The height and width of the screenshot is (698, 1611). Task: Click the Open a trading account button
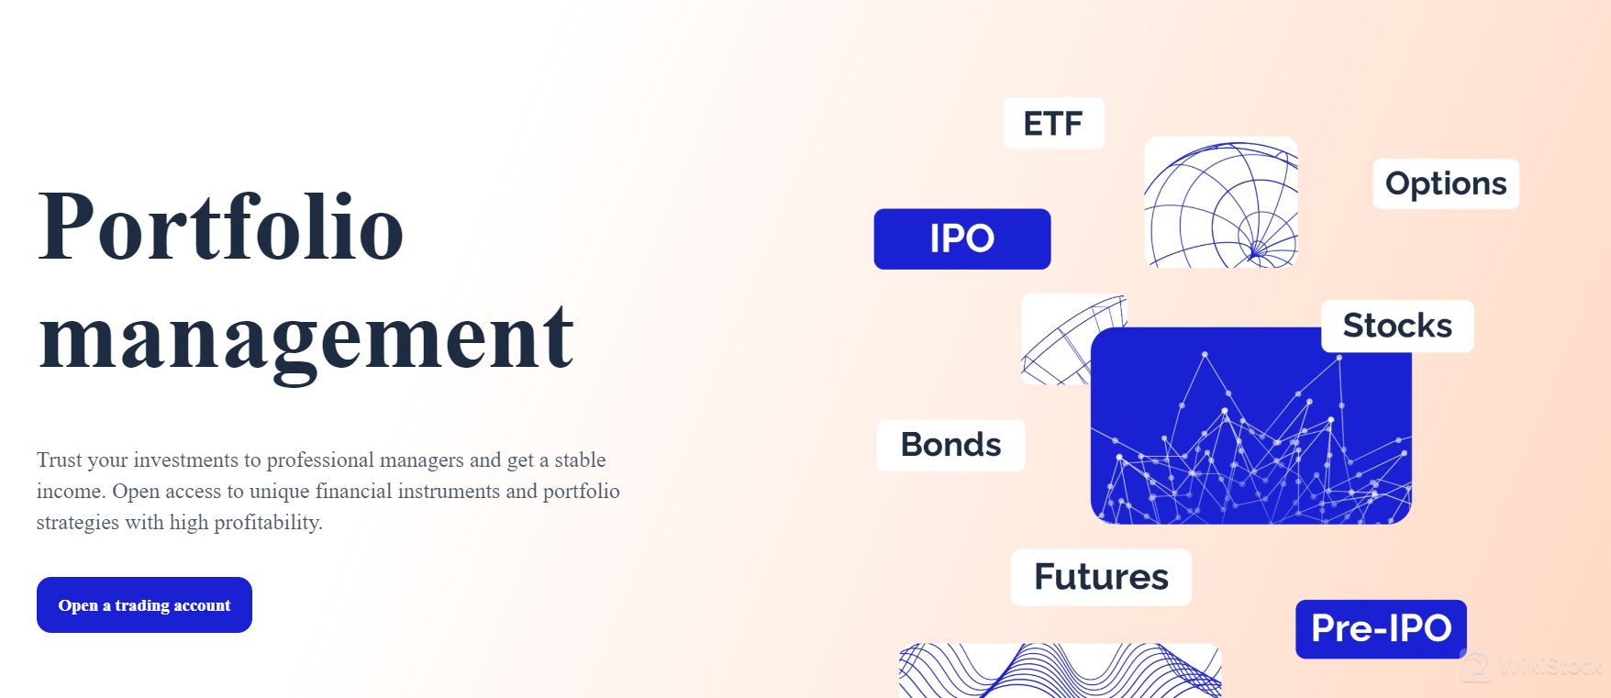(x=144, y=604)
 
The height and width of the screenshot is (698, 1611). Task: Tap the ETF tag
(x=1053, y=123)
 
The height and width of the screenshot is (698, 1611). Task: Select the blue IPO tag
(x=961, y=238)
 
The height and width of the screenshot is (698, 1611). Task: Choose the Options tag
(x=1445, y=183)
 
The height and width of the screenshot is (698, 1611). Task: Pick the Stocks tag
(x=1397, y=326)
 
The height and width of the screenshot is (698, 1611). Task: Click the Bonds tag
(x=950, y=445)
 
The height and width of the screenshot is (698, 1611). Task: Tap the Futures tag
(x=1101, y=577)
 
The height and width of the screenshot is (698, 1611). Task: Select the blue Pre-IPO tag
(x=1381, y=628)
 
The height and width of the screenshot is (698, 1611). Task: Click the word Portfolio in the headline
(x=221, y=227)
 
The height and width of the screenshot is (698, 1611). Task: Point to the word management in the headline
(x=306, y=338)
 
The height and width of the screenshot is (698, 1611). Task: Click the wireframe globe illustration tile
(x=1221, y=203)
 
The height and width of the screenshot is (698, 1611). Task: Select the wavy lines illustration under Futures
(x=1060, y=670)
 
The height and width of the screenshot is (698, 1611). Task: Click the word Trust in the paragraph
(x=60, y=460)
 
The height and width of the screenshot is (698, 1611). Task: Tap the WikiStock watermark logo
(x=1532, y=666)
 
